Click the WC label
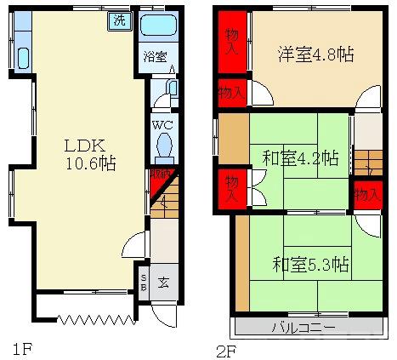coord(163,126)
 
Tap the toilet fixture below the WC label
coord(164,150)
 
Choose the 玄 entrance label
coord(164,282)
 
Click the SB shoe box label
coord(144,282)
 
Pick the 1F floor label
coord(22,348)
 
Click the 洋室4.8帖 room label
coord(315,54)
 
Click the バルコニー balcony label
coord(303,327)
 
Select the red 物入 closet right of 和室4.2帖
coord(366,195)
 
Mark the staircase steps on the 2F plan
coord(367,161)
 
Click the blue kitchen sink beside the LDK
coord(21,59)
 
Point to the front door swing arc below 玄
coord(166,314)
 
